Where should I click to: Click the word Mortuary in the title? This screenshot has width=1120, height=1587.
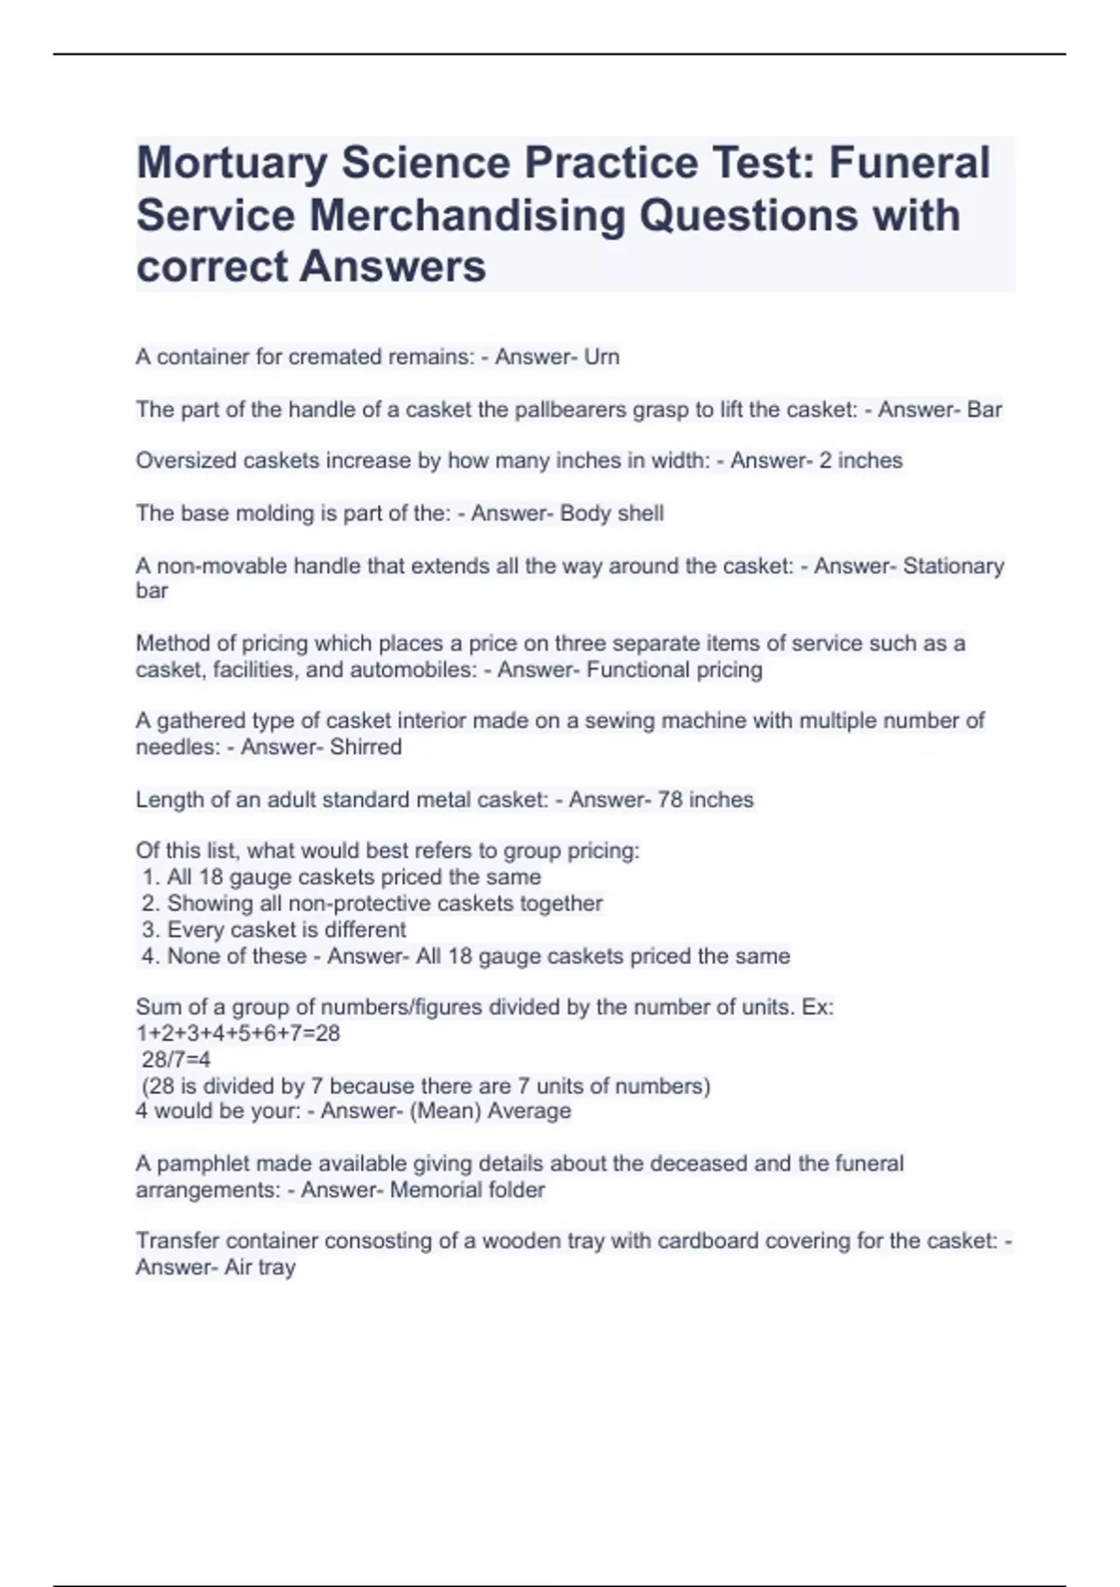230,164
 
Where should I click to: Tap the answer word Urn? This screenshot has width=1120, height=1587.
602,357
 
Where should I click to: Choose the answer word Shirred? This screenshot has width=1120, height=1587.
366,747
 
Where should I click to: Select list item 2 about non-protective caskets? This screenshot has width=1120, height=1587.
372,903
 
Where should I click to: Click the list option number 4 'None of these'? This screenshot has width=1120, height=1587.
224,956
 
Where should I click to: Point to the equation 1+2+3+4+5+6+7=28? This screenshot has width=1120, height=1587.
238,1032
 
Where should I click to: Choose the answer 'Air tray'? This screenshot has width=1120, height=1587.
259,1267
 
